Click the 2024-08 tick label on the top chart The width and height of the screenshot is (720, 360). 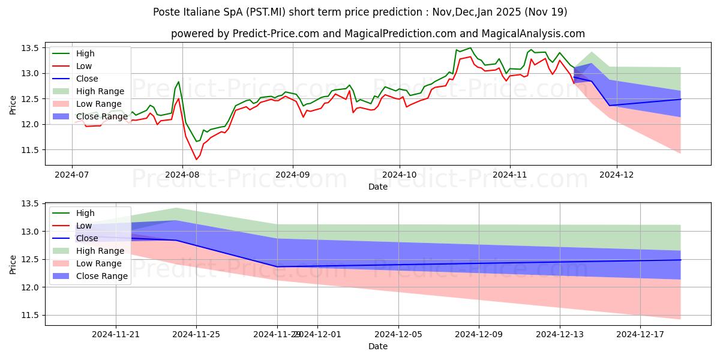pos(182,175)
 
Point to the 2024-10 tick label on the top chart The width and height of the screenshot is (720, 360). pos(400,175)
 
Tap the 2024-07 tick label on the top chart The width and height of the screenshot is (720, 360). pos(72,175)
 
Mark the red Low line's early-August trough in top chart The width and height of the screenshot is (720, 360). pos(196,159)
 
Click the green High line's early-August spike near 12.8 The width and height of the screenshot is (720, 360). pos(178,82)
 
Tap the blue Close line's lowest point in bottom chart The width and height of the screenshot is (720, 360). pos(277,266)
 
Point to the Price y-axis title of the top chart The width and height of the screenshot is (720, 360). pos(13,106)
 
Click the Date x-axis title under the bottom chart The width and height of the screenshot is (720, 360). pos(377,346)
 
